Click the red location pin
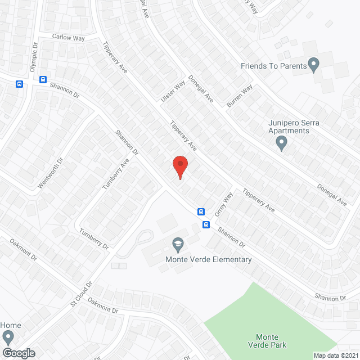[179, 165]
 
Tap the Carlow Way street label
[68, 37]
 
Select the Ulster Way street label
[173, 91]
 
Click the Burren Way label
[240, 96]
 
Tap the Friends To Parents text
[274, 66]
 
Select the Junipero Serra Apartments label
[281, 127]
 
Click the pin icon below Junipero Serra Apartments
[282, 144]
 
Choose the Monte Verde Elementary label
[208, 259]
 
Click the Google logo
[18, 353]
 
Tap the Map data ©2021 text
[335, 355]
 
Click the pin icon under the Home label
[8, 337]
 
